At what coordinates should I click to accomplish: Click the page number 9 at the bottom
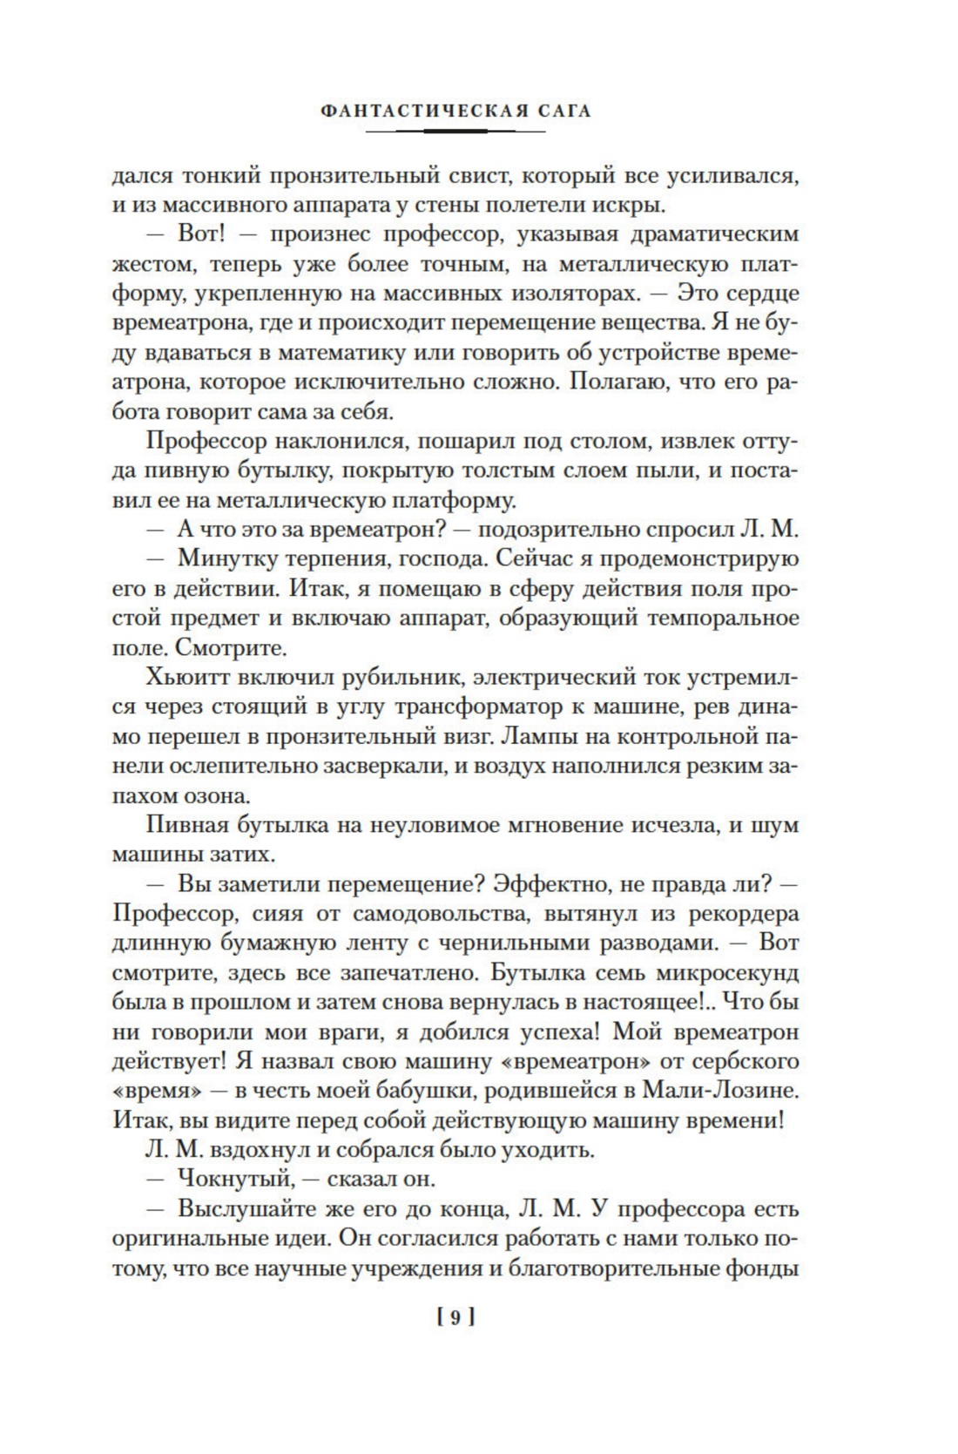pyautogui.click(x=455, y=1318)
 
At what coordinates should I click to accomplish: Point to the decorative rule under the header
pyautogui.click(x=455, y=132)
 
